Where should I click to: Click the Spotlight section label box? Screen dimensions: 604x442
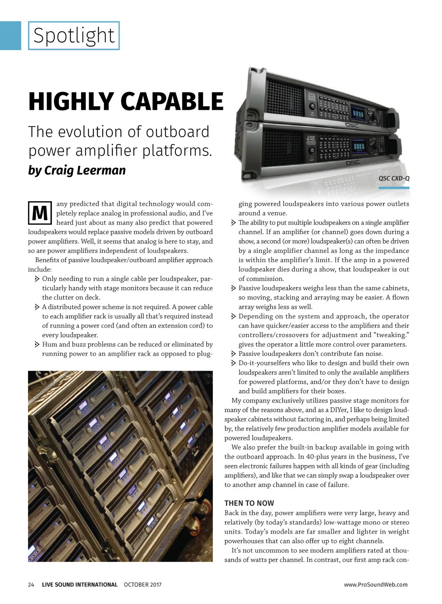pyautogui.click(x=74, y=35)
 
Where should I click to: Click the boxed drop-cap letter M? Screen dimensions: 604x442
pyautogui.click(x=40, y=213)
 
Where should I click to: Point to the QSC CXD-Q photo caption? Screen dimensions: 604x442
pyautogui.click(x=394, y=178)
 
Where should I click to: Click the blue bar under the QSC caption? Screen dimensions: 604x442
pyautogui.click(x=394, y=188)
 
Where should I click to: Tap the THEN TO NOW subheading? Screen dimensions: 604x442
pyautogui.click(x=249, y=503)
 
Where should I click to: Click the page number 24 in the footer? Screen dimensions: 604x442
pyautogui.click(x=31, y=584)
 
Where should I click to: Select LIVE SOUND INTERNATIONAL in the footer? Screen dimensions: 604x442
pyautogui.click(x=80, y=584)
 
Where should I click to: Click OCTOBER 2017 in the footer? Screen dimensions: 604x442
pyautogui.click(x=143, y=584)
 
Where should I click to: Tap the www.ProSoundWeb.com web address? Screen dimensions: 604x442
pyautogui.click(x=376, y=584)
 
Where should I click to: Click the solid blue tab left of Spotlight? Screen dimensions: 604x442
pyautogui.click(x=10, y=35)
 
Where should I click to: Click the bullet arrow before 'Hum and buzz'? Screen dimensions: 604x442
pyautogui.click(x=37, y=344)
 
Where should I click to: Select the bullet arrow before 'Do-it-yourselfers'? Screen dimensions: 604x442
pyautogui.click(x=234, y=363)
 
